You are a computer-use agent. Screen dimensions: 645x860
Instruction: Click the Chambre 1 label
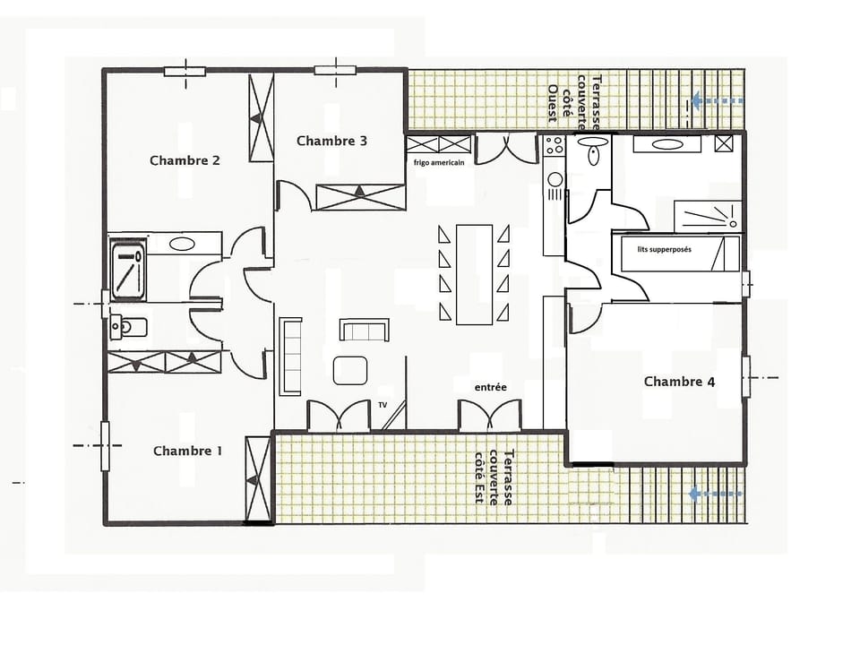[187, 451]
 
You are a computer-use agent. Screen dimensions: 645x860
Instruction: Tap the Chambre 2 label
[185, 161]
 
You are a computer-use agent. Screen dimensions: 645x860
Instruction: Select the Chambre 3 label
[331, 141]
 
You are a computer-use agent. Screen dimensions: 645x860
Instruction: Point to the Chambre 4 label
[679, 382]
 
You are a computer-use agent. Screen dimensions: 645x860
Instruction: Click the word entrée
[491, 387]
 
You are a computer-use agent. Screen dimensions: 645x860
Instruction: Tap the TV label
[383, 404]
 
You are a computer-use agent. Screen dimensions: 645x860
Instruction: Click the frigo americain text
[439, 162]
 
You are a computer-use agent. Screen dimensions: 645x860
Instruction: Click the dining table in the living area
[474, 274]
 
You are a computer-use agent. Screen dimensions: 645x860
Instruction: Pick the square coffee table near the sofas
[350, 370]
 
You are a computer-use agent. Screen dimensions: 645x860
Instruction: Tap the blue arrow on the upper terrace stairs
[717, 101]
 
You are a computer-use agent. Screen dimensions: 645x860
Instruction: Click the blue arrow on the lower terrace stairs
[717, 493]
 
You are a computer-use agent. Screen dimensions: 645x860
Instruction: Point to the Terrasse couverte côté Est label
[494, 477]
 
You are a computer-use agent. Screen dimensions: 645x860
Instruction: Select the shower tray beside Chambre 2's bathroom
[127, 266]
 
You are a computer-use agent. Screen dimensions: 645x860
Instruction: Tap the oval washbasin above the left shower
[182, 243]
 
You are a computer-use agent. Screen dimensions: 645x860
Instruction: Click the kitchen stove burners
[555, 146]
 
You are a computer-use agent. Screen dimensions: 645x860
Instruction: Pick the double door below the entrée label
[489, 416]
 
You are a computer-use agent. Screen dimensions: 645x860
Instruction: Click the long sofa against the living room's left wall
[290, 356]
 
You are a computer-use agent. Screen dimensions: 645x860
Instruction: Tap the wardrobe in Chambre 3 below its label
[360, 196]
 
